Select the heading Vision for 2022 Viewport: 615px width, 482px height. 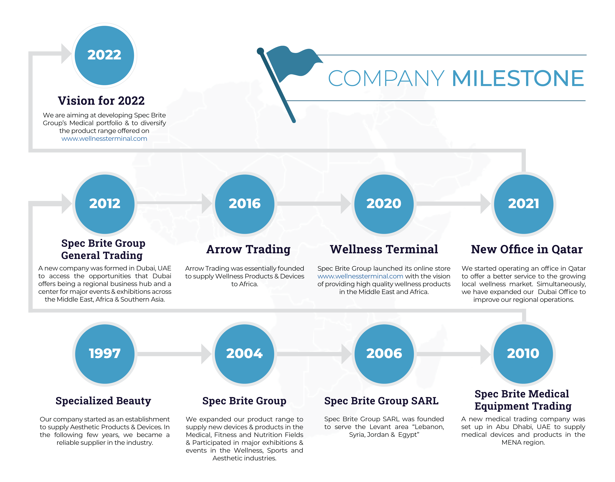[x=101, y=101]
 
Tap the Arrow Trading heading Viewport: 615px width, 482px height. [x=248, y=250]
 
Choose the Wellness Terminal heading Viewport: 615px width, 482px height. [x=384, y=250]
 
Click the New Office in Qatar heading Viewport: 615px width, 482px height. [x=527, y=250]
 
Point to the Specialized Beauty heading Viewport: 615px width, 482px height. [x=103, y=401]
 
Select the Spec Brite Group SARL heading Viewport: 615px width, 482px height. [x=381, y=401]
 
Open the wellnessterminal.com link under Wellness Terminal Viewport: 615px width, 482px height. [x=360, y=276]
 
